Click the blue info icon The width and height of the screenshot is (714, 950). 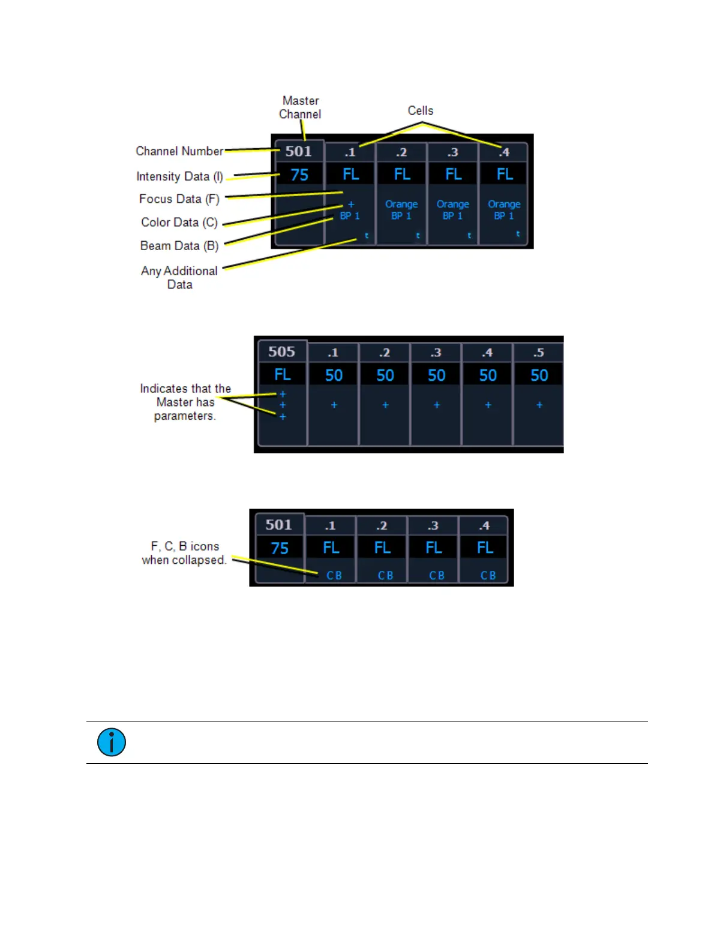[x=112, y=742]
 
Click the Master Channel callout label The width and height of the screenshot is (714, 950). [x=300, y=107]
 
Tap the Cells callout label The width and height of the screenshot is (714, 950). [x=420, y=111]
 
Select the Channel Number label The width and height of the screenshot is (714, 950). [x=179, y=151]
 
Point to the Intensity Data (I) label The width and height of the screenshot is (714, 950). [x=179, y=176]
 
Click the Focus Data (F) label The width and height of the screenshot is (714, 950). [x=179, y=199]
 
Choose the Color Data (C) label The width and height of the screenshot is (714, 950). [x=179, y=223]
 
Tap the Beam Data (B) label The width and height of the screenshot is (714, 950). [x=179, y=246]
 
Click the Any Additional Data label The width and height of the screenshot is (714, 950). [x=179, y=278]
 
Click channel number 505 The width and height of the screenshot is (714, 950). [x=281, y=351]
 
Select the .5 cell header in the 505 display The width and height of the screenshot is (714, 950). [x=538, y=353]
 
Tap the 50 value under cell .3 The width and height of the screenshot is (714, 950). [x=436, y=375]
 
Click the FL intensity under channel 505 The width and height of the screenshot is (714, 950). [x=282, y=375]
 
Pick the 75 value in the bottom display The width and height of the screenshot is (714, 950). [x=280, y=548]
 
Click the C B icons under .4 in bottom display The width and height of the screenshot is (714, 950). [x=488, y=576]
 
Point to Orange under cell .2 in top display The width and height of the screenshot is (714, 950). [x=401, y=205]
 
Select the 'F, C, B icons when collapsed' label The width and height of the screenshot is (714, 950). [x=184, y=553]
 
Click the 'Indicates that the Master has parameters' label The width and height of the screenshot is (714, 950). [x=185, y=402]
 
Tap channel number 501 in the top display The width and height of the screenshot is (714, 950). [x=298, y=151]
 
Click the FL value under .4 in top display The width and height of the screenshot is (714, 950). [x=505, y=175]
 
